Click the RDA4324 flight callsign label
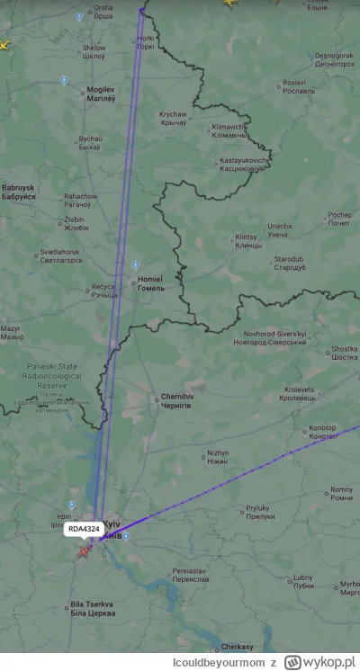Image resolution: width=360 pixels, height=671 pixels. click(84, 528)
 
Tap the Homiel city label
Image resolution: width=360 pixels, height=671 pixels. click(148, 283)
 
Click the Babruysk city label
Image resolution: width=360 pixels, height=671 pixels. click(18, 192)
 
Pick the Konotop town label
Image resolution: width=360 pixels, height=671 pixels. click(322, 432)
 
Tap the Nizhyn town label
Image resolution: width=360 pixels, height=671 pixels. click(218, 457)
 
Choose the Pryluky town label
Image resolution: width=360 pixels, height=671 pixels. click(258, 512)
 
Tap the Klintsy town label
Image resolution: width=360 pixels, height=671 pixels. click(246, 241)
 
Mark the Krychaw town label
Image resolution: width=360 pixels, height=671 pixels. click(173, 119)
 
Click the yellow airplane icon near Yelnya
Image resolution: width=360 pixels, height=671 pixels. click(229, 4)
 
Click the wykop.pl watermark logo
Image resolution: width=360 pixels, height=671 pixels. click(320, 662)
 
